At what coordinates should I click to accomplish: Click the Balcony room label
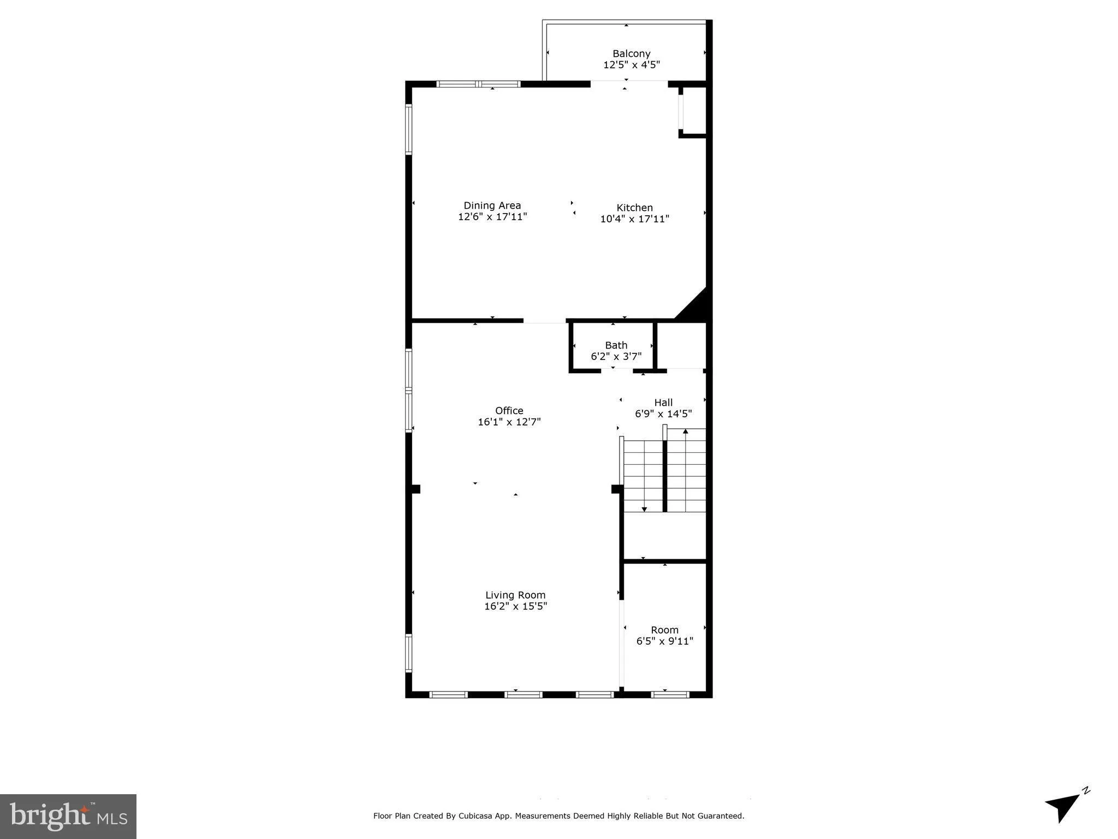coord(631,54)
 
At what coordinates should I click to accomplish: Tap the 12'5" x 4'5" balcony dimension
coord(631,65)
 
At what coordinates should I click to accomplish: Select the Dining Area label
coord(492,205)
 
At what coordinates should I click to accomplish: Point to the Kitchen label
coord(634,208)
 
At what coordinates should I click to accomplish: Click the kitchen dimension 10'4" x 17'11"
coord(634,219)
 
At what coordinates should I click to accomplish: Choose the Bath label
coord(616,345)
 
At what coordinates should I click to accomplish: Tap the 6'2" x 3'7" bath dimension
coord(616,357)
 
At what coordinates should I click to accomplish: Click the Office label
coord(509,410)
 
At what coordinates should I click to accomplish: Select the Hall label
coord(663,403)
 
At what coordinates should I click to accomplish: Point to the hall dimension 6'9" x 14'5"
coord(663,414)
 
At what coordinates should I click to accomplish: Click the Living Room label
coord(515,595)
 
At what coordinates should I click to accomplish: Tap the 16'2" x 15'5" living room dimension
coord(515,606)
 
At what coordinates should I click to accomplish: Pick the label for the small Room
coord(664,630)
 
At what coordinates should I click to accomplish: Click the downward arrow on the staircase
coord(644,509)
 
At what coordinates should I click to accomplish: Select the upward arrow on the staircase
coord(686,432)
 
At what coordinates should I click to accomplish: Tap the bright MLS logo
coord(68,816)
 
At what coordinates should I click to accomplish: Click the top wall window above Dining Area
coord(478,84)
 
